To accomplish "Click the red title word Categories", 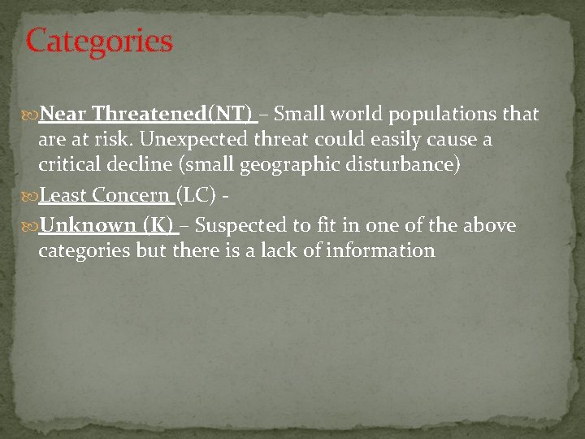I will pos(99,41).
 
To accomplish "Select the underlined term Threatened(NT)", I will pos(172,113).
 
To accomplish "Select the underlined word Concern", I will pos(130,196).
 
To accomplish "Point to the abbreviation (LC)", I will pos(196,196).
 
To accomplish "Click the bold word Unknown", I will pos(88,224).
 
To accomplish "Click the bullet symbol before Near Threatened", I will pos(31,114).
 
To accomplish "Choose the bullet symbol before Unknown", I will pos(31,225).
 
